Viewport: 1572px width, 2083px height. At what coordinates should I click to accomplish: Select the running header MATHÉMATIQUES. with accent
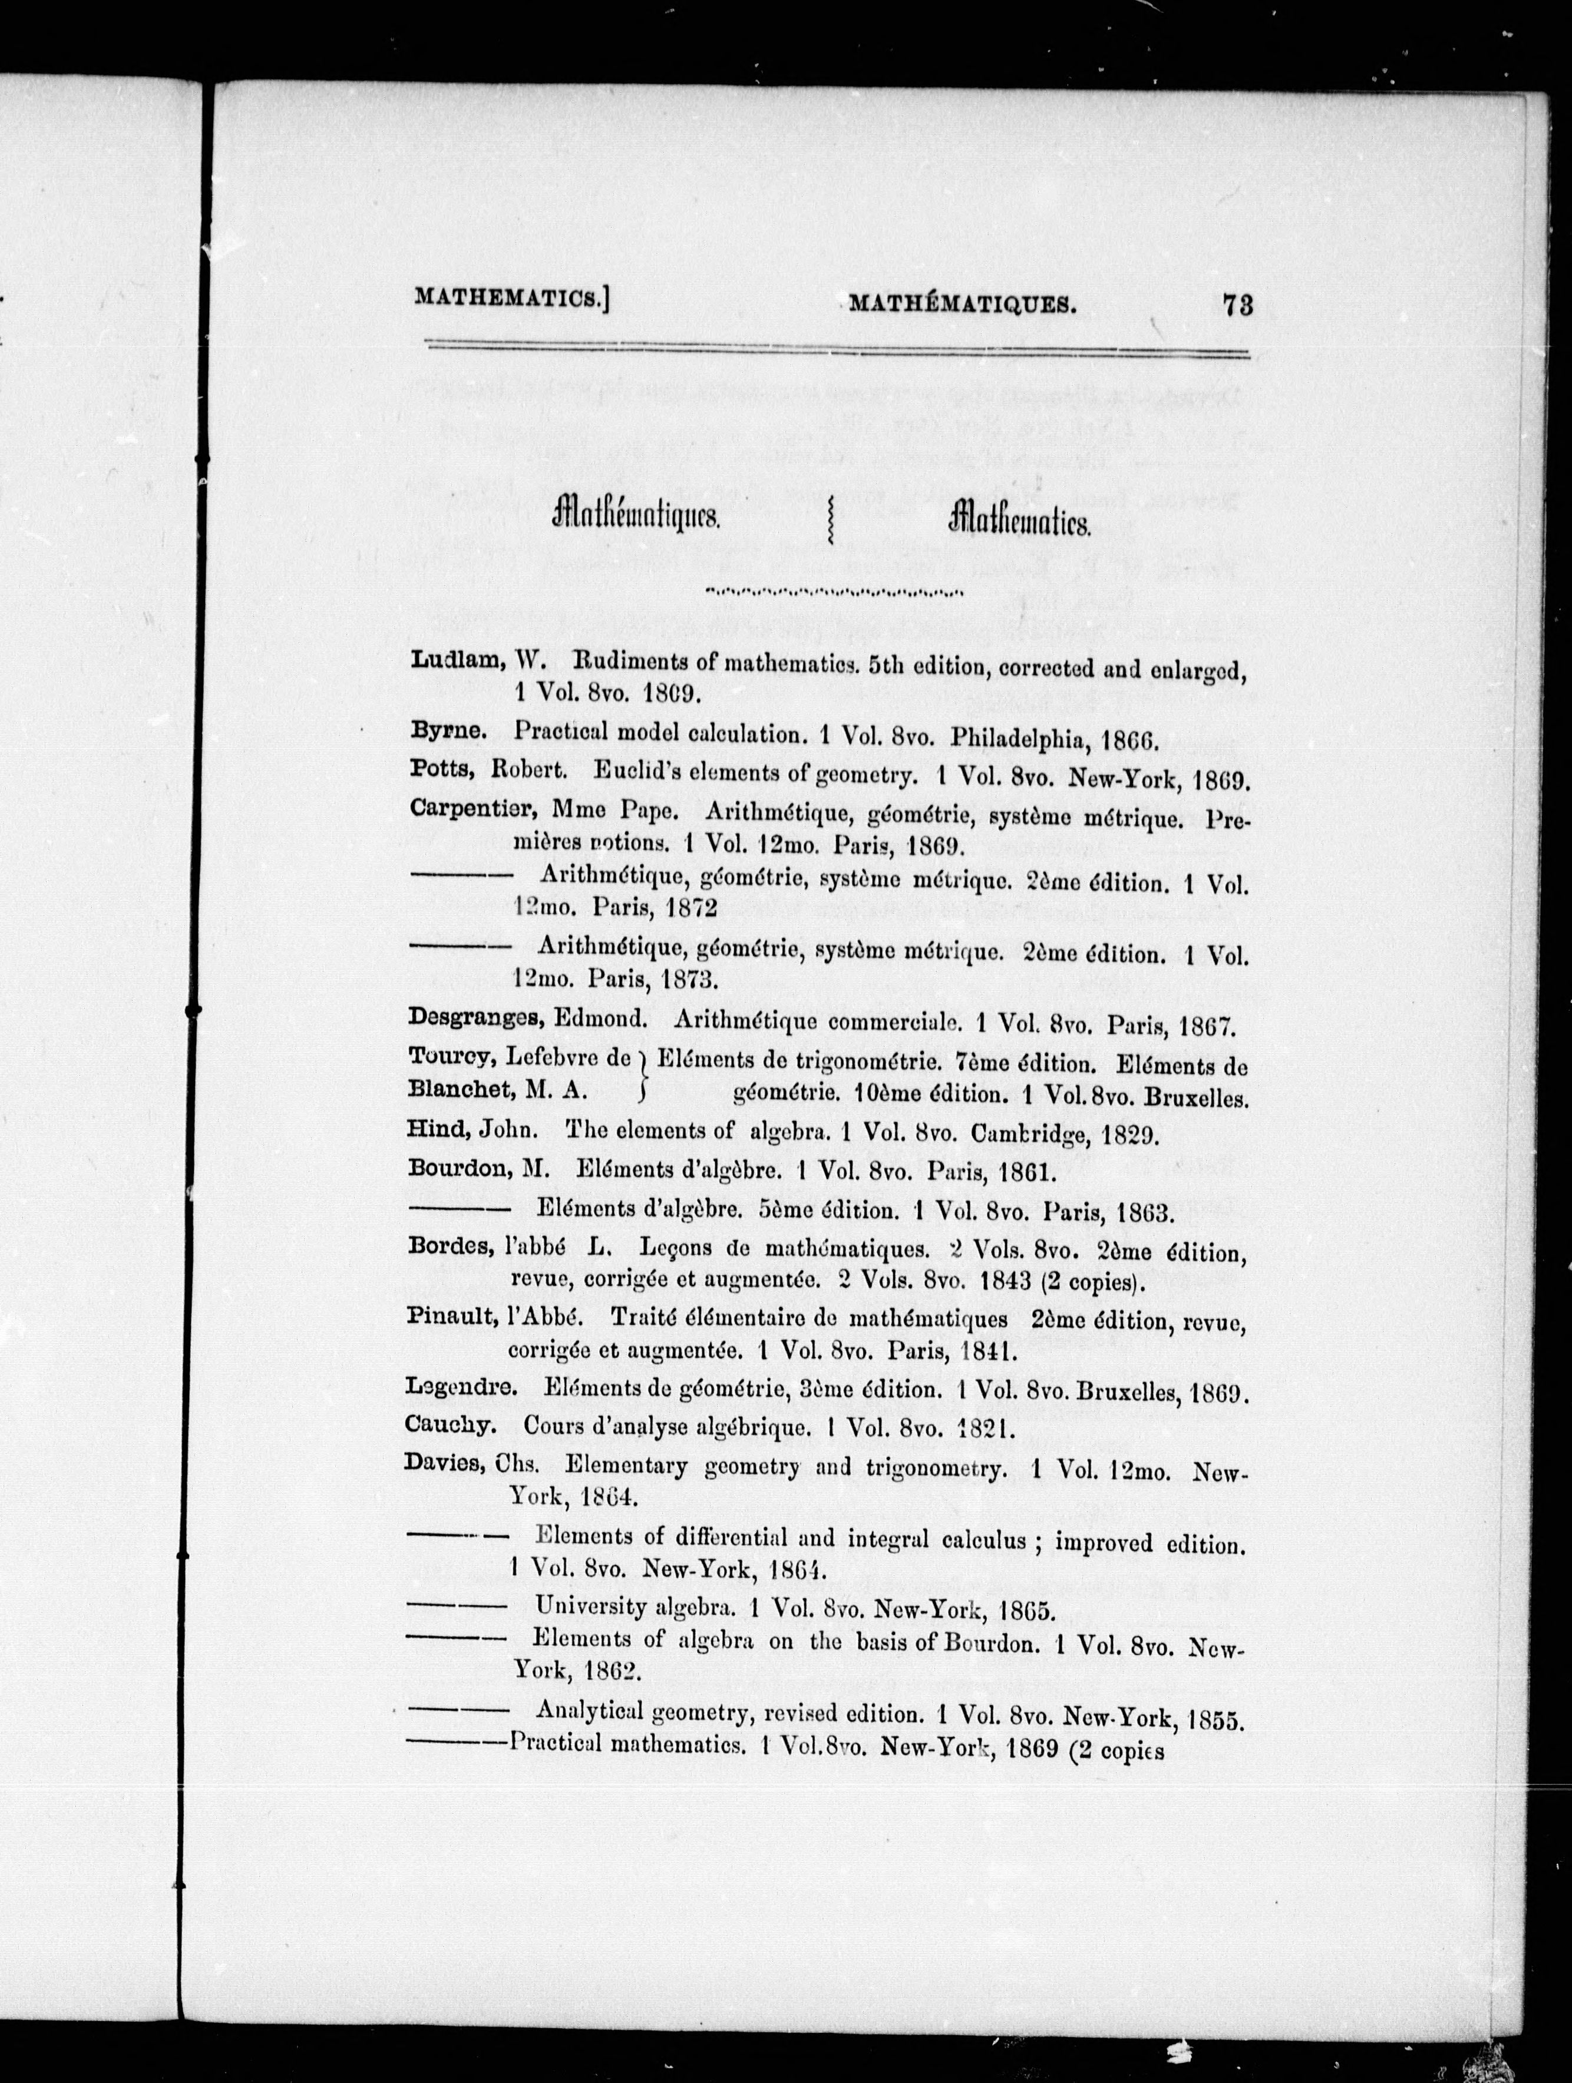(962, 303)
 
